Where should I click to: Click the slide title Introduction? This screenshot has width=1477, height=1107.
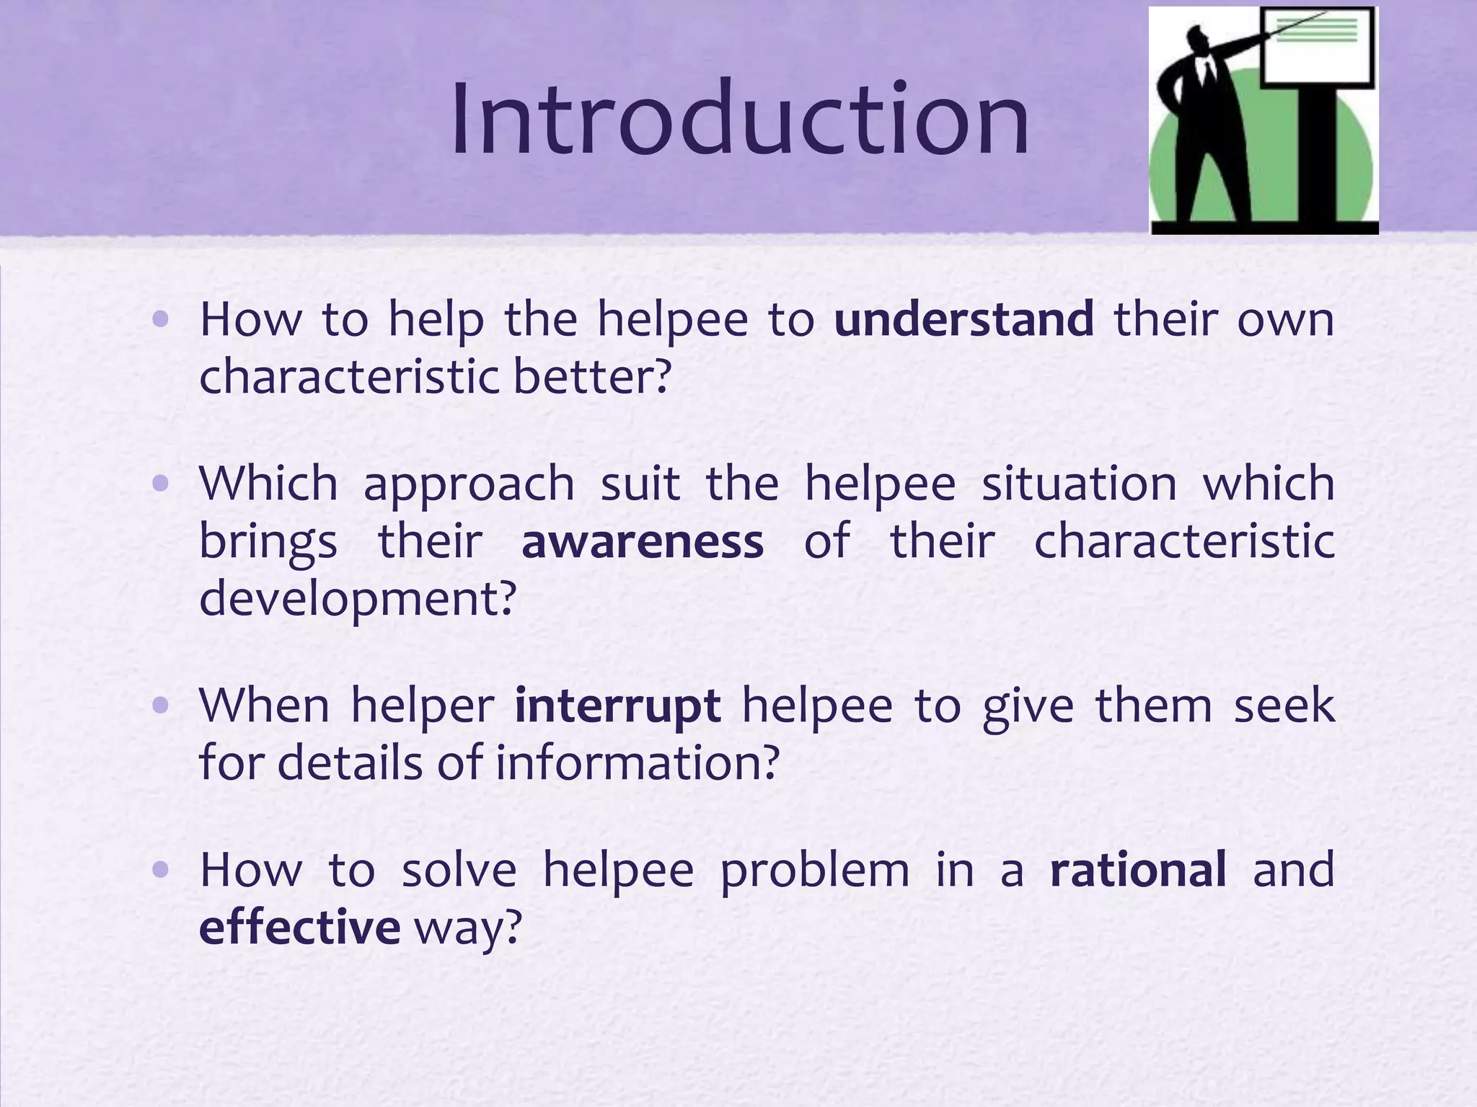tap(739, 119)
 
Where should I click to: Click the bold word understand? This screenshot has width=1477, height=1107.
tap(964, 319)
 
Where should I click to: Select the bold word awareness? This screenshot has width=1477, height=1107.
tap(642, 542)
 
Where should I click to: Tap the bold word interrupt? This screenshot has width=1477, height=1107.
tap(617, 706)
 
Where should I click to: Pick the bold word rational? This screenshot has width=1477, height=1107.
tap(1138, 869)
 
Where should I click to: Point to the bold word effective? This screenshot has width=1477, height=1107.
tap(299, 927)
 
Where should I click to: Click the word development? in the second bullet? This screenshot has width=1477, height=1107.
tap(358, 600)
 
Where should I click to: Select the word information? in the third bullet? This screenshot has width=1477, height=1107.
tap(637, 763)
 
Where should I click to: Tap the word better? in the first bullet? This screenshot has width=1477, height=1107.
tap(592, 377)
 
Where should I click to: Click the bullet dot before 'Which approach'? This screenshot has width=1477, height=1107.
tap(161, 484)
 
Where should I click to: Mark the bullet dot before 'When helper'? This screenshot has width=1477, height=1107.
tap(161, 706)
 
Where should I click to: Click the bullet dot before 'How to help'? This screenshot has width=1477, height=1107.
tap(161, 319)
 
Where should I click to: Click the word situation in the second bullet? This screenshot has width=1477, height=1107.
tap(1080, 484)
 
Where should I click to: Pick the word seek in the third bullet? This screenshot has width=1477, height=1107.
tap(1284, 706)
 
